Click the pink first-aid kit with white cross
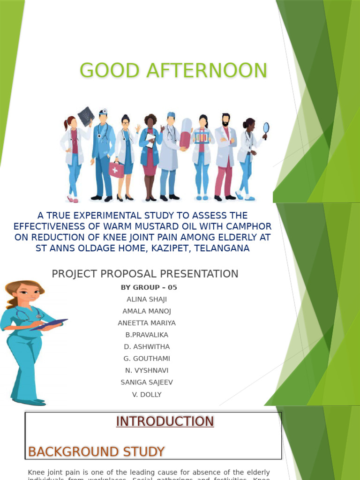coord(116,170)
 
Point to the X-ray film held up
coord(86,116)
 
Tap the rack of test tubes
coord(202,137)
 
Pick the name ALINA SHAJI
coord(147,299)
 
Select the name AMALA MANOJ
coord(147,311)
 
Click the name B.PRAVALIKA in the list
coord(147,335)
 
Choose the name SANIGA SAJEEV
coord(147,382)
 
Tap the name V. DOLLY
coord(147,395)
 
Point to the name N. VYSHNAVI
coord(147,370)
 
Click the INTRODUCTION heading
coord(165,421)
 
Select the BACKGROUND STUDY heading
coord(96,452)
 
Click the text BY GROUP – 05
coord(149,287)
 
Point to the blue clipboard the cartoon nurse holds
coord(49,324)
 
